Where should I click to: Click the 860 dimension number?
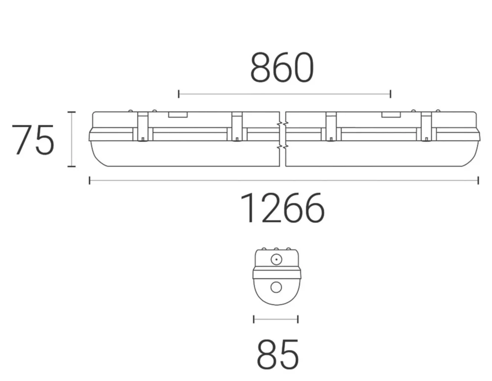[282, 68]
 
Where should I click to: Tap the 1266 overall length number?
[282, 208]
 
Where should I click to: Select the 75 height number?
[33, 140]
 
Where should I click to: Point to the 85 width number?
[277, 354]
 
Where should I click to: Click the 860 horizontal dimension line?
[284, 94]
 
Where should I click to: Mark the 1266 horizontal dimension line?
[284, 181]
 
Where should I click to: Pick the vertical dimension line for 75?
[71, 139]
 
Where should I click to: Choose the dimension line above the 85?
[276, 319]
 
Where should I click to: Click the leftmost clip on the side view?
[143, 127]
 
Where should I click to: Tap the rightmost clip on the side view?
[426, 127]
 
